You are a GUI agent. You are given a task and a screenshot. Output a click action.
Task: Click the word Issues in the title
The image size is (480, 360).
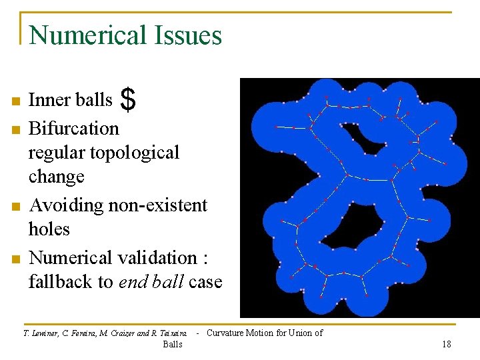(190, 35)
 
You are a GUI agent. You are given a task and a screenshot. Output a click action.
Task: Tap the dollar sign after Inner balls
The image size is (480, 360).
(129, 101)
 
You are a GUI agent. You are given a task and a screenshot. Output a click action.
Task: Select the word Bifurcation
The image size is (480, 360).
(73, 128)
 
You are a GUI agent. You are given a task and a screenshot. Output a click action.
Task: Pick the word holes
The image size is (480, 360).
(49, 229)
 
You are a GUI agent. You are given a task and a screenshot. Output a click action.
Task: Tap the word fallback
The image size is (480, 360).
(60, 282)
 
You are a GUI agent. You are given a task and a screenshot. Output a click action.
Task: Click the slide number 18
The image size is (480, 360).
(446, 344)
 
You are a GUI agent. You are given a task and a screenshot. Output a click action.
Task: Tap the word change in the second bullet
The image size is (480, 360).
(57, 177)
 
